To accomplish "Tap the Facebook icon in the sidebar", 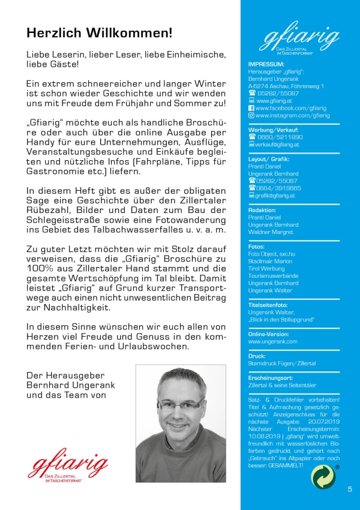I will tap(251, 108).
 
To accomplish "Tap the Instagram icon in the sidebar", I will tap(251, 115).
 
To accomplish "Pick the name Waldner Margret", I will tap(271, 232).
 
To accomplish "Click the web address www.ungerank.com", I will tap(272, 341).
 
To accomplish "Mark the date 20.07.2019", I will tap(325, 422).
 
